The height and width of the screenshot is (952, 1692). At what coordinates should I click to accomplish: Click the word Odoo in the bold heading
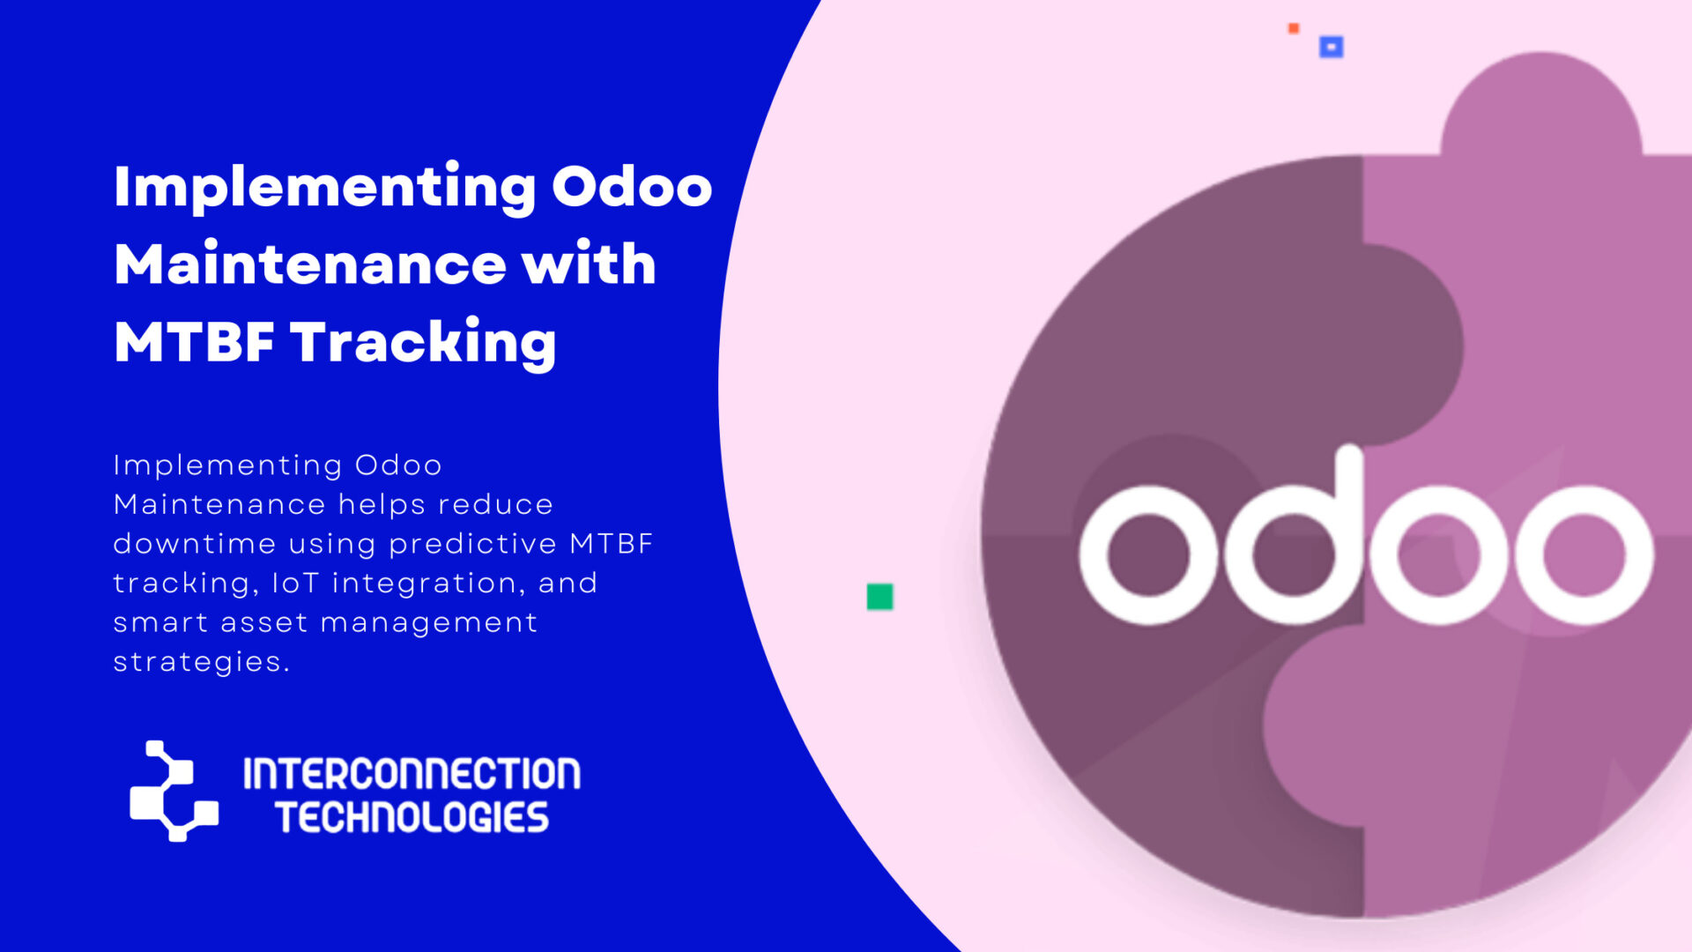[631, 187]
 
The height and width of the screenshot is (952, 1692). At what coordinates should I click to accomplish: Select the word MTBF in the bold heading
[194, 342]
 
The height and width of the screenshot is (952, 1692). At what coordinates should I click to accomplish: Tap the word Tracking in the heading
[423, 342]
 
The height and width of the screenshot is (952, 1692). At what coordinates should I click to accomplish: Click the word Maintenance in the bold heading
[310, 264]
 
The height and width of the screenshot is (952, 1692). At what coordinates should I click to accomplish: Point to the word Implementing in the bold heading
[324, 187]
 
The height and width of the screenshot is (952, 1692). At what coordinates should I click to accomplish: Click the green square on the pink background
[879, 597]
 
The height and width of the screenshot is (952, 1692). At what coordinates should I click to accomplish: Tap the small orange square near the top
[1294, 28]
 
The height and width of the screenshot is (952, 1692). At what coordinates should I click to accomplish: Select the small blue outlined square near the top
[1331, 47]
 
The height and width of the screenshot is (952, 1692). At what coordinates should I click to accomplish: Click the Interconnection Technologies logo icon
[174, 791]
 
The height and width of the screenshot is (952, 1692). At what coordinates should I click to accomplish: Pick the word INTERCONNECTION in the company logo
[412, 774]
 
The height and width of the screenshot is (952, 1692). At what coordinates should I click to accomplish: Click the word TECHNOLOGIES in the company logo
[412, 818]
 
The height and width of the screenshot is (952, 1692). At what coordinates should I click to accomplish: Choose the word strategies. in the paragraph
[201, 661]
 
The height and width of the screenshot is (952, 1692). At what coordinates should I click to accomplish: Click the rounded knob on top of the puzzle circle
[1540, 106]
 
